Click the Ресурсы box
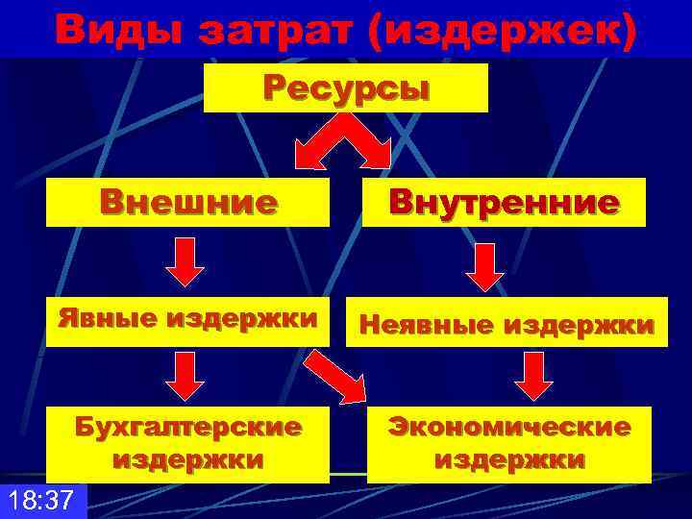pyautogui.click(x=346, y=88)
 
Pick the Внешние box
pyautogui.click(x=188, y=203)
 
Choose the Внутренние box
pyautogui.click(x=504, y=203)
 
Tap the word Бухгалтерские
pyautogui.click(x=188, y=426)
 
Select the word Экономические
pyautogui.click(x=509, y=426)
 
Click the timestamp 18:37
pyautogui.click(x=42, y=501)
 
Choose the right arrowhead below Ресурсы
pyautogui.click(x=376, y=154)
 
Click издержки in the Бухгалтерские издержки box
pyautogui.click(x=188, y=459)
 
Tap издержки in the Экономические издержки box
pyautogui.click(x=509, y=459)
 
